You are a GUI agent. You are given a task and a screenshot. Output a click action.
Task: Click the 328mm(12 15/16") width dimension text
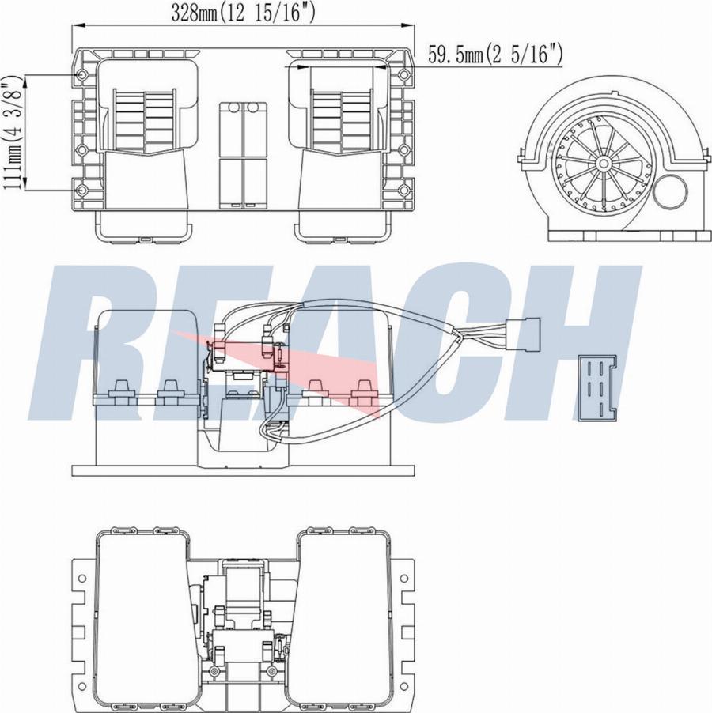point(243,12)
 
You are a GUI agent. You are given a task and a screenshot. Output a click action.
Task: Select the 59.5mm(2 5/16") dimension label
point(495,54)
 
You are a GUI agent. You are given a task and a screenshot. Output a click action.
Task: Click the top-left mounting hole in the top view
point(83,74)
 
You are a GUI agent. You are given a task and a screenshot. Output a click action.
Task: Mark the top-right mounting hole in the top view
point(404,74)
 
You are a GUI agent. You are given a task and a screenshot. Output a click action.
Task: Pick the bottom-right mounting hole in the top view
point(404,191)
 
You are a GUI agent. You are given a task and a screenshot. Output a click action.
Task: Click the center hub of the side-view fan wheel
point(604,164)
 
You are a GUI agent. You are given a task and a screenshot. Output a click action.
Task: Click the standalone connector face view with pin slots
point(600,388)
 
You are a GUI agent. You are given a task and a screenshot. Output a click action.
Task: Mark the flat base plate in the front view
point(243,470)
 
